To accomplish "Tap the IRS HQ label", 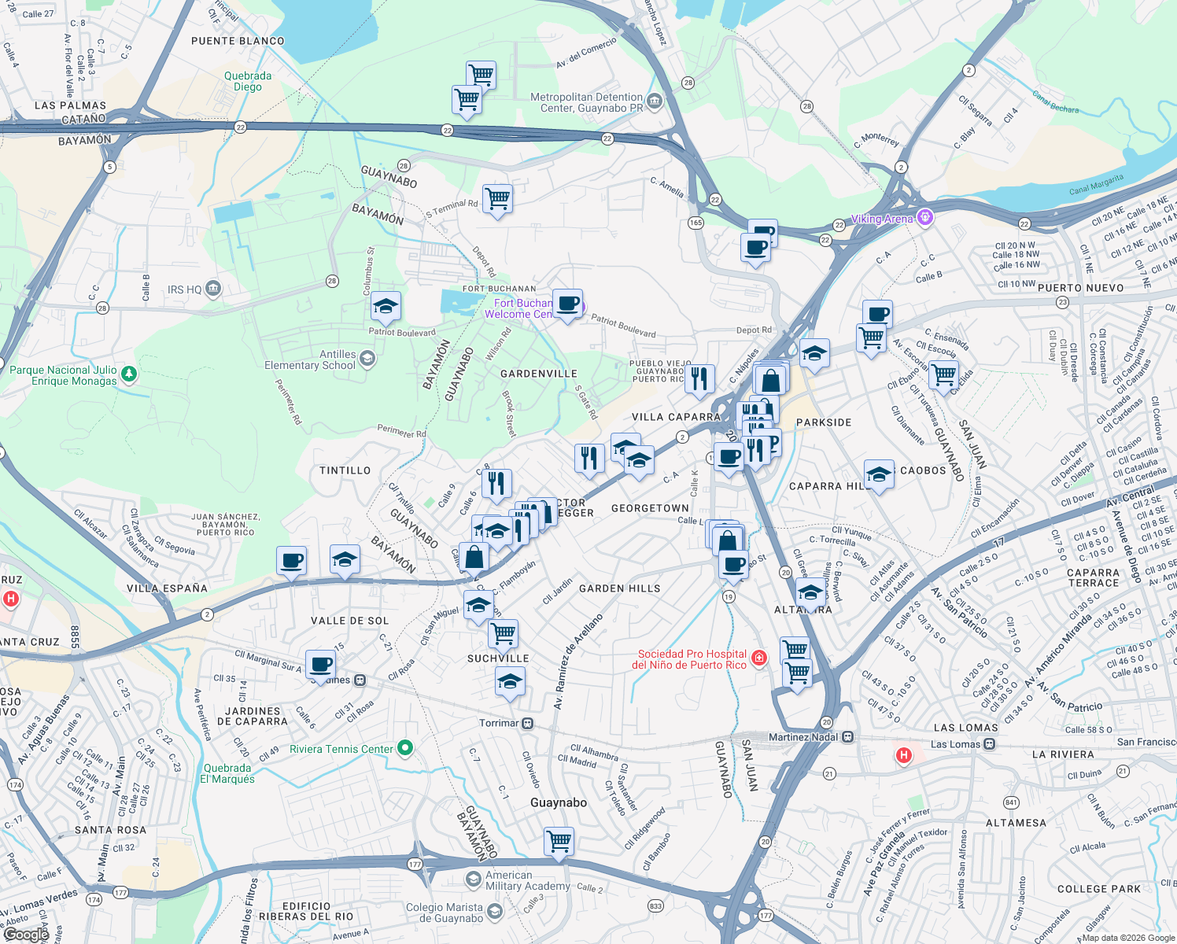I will pyautogui.click(x=185, y=289).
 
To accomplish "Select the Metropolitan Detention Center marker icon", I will pyautogui.click(x=654, y=102).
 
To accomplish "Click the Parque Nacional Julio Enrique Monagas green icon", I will pyautogui.click(x=130, y=374).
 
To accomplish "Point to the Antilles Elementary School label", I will pyautogui.click(x=310, y=360).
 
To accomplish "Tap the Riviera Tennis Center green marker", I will pyautogui.click(x=405, y=748).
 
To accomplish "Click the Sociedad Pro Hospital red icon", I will pyautogui.click(x=759, y=658).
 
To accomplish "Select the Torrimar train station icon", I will pyautogui.click(x=528, y=723).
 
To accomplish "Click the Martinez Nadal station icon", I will pyautogui.click(x=847, y=737).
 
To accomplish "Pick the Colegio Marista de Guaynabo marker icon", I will pyautogui.click(x=495, y=911).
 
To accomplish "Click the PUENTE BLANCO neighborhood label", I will pyautogui.click(x=238, y=41).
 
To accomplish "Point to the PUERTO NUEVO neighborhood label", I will pyautogui.click(x=1080, y=288).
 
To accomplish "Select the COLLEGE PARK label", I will pyautogui.click(x=1098, y=889).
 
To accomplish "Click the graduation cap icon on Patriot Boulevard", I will pyautogui.click(x=386, y=306).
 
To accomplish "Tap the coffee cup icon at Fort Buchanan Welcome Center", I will pyautogui.click(x=567, y=304).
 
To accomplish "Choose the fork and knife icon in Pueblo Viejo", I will pyautogui.click(x=699, y=378).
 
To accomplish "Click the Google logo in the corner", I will pyautogui.click(x=26, y=934).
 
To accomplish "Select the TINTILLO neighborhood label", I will pyautogui.click(x=345, y=470).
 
